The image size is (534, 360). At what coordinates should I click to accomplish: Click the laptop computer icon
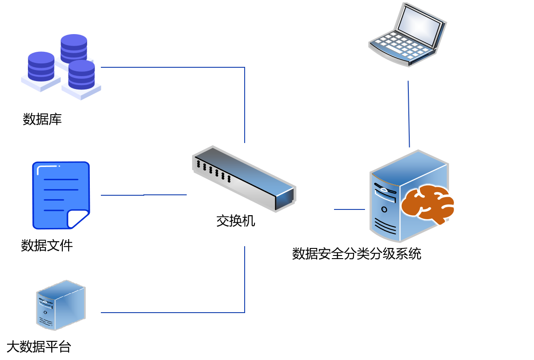tap(407, 35)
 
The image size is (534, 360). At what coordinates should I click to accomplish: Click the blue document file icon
tap(61, 195)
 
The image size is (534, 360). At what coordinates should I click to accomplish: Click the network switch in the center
tap(244, 178)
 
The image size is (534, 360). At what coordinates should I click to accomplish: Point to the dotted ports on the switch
tap(214, 171)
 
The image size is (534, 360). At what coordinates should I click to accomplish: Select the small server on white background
tap(61, 305)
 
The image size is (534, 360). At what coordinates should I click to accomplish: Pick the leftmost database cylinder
tap(41, 66)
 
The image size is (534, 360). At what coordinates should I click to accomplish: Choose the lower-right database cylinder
tap(81, 74)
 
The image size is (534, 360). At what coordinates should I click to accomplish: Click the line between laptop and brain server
tap(409, 114)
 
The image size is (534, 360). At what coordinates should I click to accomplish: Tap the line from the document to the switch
tap(144, 195)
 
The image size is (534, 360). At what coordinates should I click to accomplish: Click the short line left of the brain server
tap(350, 209)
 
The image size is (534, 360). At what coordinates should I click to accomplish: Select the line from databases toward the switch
tap(173, 67)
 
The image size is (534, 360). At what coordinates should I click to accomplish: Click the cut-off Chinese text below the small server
tap(52, 344)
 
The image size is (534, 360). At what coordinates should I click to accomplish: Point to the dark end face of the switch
tap(284, 199)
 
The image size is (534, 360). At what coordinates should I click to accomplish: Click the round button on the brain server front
tap(384, 209)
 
